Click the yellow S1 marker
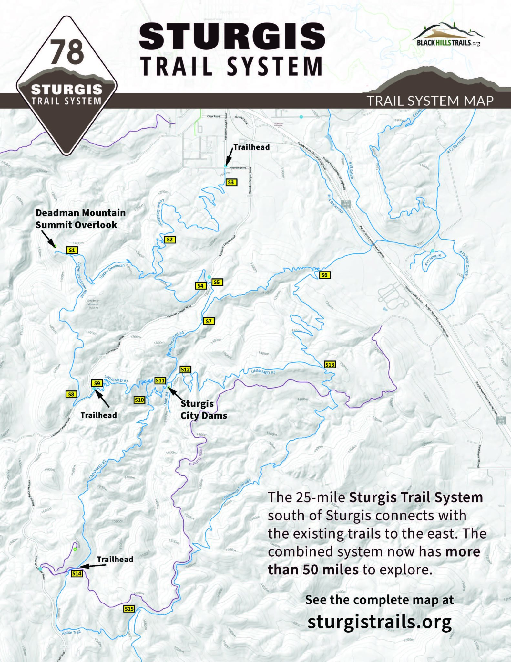(x=72, y=250)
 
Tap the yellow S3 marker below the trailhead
(x=230, y=182)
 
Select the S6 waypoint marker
(x=324, y=275)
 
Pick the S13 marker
(x=330, y=365)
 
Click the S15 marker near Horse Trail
(x=129, y=609)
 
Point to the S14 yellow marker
(x=77, y=573)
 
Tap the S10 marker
(x=139, y=400)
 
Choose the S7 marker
(x=209, y=321)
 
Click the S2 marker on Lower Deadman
(x=170, y=240)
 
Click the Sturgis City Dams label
(x=203, y=410)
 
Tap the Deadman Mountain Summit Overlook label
(x=80, y=219)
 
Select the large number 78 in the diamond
(x=67, y=52)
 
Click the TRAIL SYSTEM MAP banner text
(x=430, y=101)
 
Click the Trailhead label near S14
(x=115, y=559)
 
